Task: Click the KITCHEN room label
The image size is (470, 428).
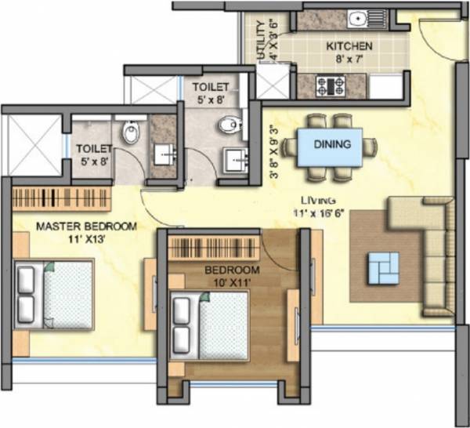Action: [x=349, y=46]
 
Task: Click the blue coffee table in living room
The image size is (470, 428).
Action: [x=383, y=267]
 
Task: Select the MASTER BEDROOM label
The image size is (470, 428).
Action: [x=86, y=227]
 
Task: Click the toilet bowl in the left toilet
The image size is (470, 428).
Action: [x=131, y=133]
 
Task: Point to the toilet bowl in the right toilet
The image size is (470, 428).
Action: [x=230, y=124]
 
